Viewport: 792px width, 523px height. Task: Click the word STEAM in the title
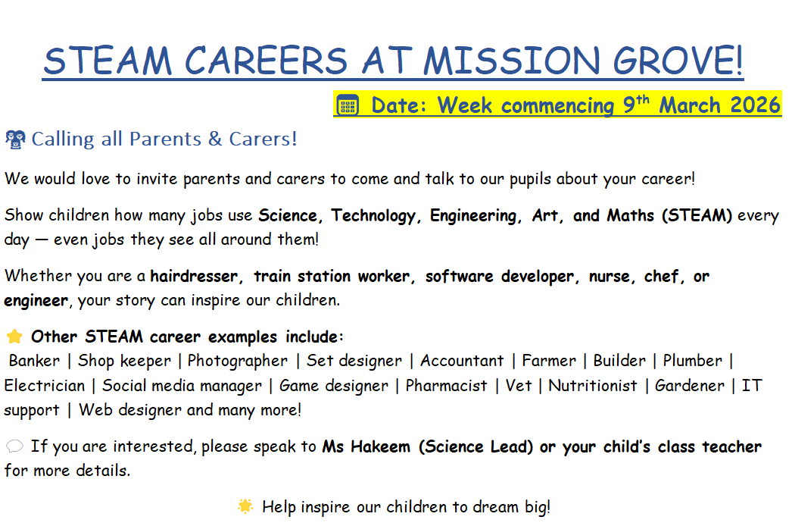coord(108,61)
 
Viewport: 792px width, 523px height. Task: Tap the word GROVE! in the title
coord(678,61)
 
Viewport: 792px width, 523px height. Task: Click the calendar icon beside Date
coord(348,105)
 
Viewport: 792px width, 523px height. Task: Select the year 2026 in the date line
coord(755,105)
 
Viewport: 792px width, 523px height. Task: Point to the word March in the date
coord(690,105)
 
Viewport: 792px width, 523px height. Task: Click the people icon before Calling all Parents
coord(15,139)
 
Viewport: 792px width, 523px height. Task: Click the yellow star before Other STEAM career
coord(14,337)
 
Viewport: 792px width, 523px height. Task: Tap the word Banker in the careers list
coord(34,361)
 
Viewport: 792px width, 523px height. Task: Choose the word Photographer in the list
coord(238,361)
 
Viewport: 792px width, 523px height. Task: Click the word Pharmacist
coord(447,385)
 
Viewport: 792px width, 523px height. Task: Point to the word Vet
coord(519,385)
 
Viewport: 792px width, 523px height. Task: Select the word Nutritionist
coord(592,385)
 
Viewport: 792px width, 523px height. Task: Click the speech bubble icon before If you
coord(14,446)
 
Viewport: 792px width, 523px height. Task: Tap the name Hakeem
coord(380,446)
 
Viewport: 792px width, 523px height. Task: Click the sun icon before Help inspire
coord(245,506)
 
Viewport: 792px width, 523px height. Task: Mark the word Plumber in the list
coord(693,361)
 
